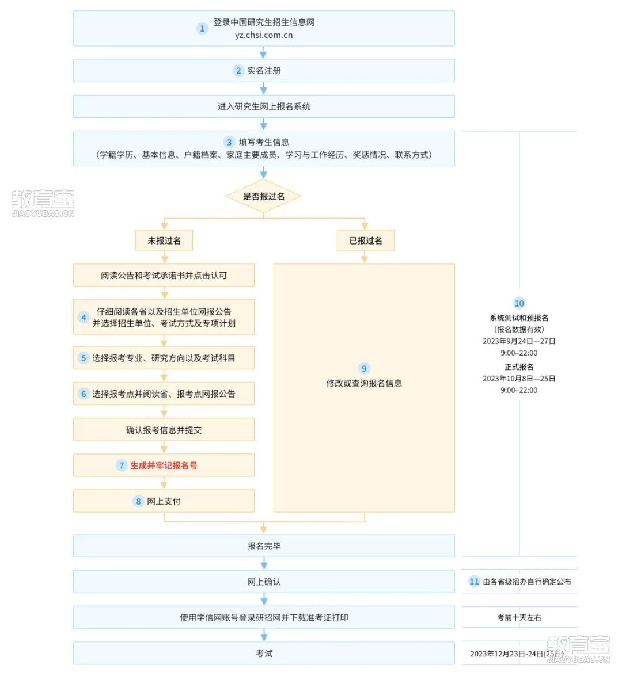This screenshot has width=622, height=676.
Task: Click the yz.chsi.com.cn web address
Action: coord(264,35)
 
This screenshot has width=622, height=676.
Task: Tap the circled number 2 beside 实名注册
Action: coord(238,71)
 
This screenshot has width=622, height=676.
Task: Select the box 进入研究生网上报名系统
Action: coord(264,106)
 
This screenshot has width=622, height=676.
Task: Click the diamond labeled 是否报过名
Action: coord(263,197)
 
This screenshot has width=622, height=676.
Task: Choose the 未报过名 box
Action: coord(164,240)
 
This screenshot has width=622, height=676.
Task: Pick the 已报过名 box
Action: coord(365,240)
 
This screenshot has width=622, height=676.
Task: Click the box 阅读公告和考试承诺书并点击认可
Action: coord(164,275)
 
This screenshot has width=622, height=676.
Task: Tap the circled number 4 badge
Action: coord(84,318)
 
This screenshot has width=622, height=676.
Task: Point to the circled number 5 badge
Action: coord(84,358)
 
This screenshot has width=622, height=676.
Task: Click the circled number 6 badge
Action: coord(84,394)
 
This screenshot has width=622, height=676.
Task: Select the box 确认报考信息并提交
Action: coord(164,429)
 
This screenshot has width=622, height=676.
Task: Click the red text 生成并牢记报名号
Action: coord(164,465)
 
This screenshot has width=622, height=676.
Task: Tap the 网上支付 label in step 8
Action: coord(164,502)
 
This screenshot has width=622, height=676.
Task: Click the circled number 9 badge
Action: coord(364,369)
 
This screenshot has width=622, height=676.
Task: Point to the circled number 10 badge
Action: coord(519,304)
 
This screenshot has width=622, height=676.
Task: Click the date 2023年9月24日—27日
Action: coord(519,341)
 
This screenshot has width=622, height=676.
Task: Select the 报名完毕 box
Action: coord(264,546)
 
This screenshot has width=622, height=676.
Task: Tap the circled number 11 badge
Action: coord(475,582)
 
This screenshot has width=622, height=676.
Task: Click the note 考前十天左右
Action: coord(519,617)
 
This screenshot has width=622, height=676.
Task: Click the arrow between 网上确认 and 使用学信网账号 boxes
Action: coord(264,599)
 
